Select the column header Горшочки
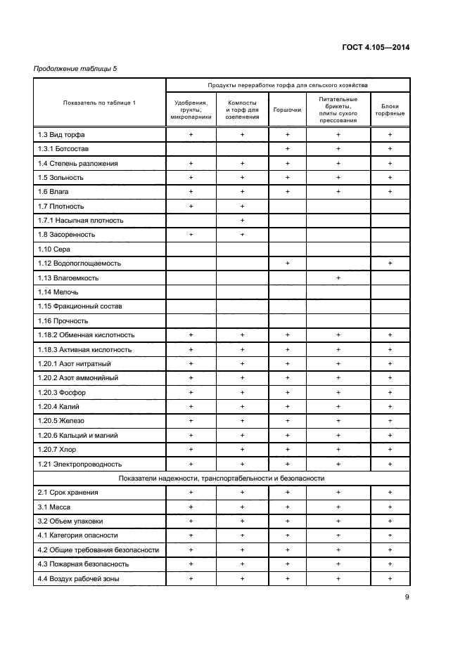[x=287, y=110]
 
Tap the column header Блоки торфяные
[x=390, y=110]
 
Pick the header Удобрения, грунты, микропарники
[x=191, y=110]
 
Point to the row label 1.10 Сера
[x=54, y=249]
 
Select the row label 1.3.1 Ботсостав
[x=63, y=149]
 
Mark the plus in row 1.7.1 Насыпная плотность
[x=242, y=221]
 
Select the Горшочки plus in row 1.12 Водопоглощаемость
[x=287, y=264]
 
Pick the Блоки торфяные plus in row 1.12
[x=390, y=264]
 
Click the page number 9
[x=407, y=598]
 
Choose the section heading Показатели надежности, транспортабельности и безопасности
[x=222, y=479]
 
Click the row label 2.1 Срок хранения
[x=68, y=493]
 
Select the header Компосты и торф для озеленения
[x=242, y=110]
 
